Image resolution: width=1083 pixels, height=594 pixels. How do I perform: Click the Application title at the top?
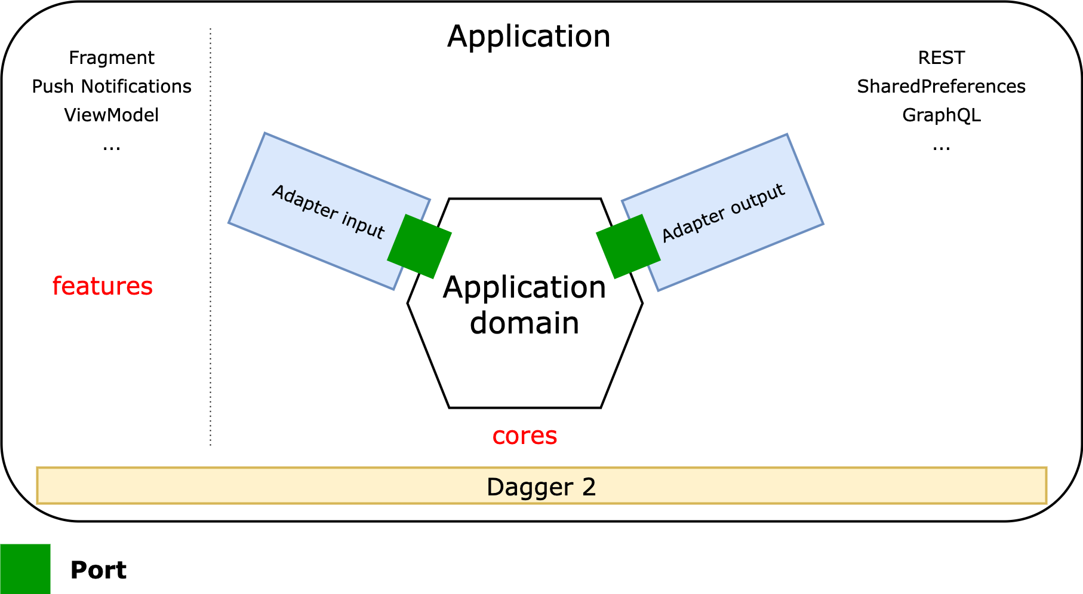tap(529, 36)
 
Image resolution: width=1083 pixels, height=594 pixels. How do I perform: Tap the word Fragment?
tap(112, 58)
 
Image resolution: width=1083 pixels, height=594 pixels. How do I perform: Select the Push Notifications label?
tap(112, 87)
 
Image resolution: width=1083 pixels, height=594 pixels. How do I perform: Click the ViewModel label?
tap(112, 115)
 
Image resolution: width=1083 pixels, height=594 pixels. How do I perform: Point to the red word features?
tap(103, 286)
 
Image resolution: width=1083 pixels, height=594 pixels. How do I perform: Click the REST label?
tap(941, 58)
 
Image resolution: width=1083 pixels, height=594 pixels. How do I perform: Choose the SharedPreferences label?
tap(941, 87)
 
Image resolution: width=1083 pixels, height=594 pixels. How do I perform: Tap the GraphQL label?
tap(941, 115)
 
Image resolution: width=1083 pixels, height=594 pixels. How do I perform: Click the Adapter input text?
tap(328, 212)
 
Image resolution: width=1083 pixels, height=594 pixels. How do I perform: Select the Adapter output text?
tap(723, 213)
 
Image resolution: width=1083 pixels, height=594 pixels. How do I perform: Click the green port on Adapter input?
tap(419, 246)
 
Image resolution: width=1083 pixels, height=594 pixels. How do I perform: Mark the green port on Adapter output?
tap(628, 246)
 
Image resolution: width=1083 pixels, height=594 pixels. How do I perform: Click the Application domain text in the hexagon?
tap(524, 305)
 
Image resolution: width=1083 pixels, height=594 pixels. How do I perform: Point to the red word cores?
tap(524, 436)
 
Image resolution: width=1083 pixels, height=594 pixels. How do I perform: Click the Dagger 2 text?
tap(541, 487)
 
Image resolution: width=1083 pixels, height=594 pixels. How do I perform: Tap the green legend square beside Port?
tap(25, 569)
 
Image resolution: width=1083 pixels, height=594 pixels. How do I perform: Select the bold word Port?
tap(99, 570)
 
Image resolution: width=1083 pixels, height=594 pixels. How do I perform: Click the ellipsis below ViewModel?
tap(112, 147)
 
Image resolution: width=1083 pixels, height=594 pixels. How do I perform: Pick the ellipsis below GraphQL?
tap(941, 147)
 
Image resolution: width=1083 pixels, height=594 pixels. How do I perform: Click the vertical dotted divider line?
tap(211, 239)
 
